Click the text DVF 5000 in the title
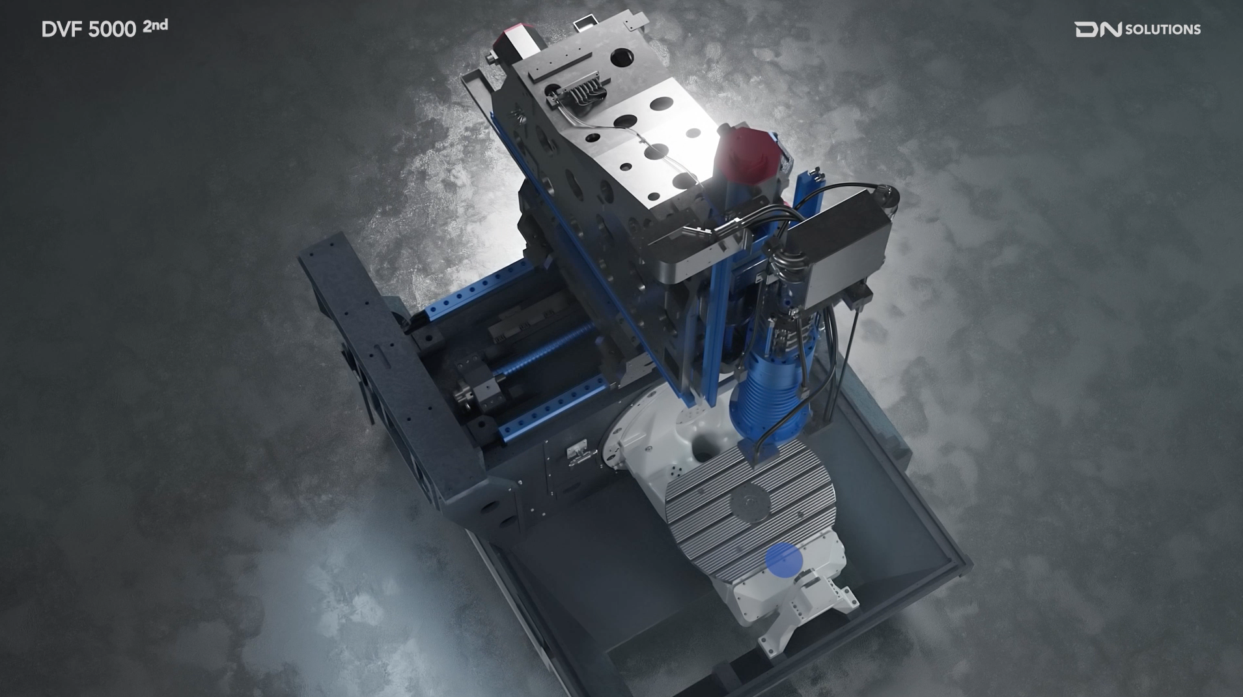click(x=89, y=29)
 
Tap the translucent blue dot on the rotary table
click(x=783, y=560)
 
